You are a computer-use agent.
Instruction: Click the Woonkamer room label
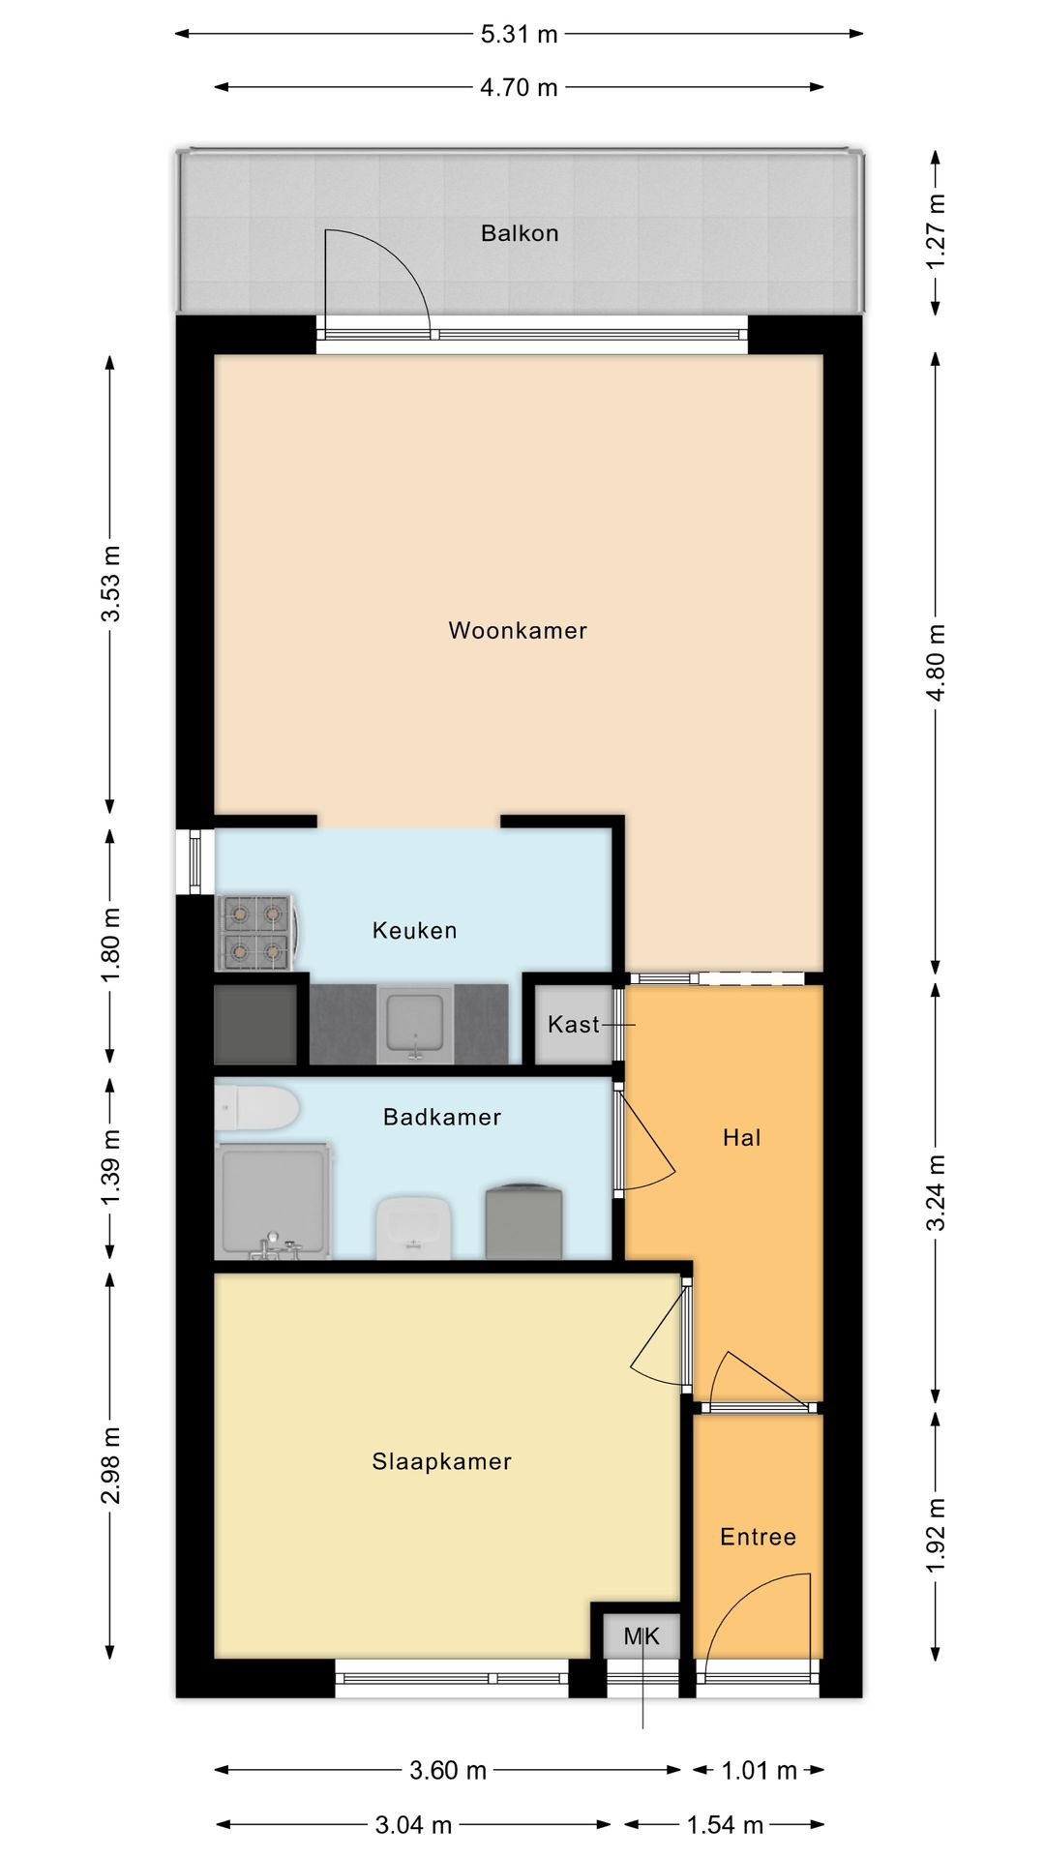tap(518, 631)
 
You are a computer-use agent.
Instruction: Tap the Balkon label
tap(520, 233)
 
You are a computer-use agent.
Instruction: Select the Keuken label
tap(414, 931)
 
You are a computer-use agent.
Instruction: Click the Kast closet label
tap(573, 1024)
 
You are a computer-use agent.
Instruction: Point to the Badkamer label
tap(442, 1118)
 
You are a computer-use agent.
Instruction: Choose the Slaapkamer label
tap(441, 1461)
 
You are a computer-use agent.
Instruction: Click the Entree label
tap(758, 1537)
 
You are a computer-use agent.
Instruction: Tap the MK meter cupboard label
tap(642, 1636)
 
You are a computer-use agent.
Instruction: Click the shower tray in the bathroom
tap(274, 1200)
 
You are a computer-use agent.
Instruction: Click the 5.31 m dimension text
tap(520, 35)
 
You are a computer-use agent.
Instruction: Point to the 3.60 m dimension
tap(448, 1771)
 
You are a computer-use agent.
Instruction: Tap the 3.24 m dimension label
tap(936, 1192)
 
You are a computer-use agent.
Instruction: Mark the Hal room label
tap(742, 1138)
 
